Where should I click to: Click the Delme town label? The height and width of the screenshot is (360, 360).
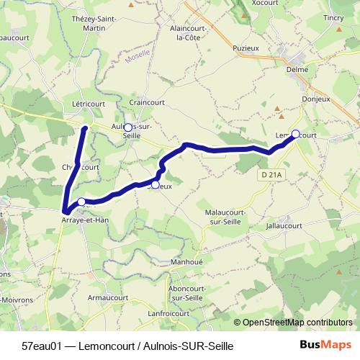point(297,70)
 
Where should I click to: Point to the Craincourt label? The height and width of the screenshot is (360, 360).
point(148,103)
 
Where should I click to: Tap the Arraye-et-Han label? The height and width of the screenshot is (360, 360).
point(84,220)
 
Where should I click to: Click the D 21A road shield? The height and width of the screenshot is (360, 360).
point(271,174)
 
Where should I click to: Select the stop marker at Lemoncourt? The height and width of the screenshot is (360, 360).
point(295,134)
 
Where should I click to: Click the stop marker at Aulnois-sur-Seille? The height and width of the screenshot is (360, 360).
point(128,127)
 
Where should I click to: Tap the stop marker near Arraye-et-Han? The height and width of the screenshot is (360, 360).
point(81,202)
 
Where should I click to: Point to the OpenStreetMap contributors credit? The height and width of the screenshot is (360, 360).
point(297,323)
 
